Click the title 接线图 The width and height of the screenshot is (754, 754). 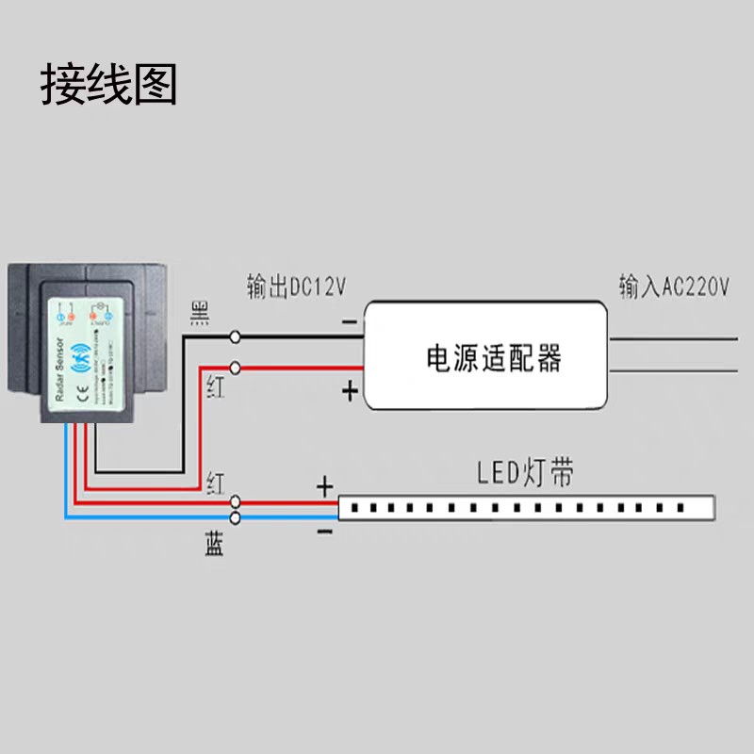point(108,85)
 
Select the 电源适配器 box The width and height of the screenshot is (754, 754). point(486,355)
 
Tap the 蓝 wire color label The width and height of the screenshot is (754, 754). point(215,544)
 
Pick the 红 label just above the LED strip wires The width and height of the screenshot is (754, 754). point(216,484)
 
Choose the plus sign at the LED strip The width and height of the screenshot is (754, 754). point(324,486)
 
